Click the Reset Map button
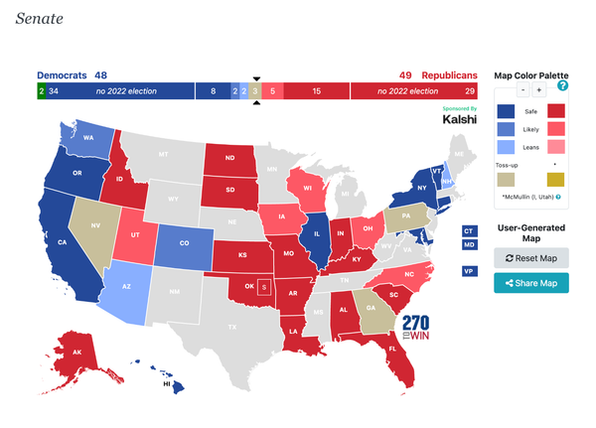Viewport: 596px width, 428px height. (531, 258)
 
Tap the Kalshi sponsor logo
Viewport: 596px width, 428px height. (459, 119)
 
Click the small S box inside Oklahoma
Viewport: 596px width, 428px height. (263, 287)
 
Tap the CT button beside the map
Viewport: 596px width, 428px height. (468, 230)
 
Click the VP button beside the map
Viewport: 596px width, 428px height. (468, 270)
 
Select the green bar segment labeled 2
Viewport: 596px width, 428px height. (41, 91)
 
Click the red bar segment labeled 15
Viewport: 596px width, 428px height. (316, 91)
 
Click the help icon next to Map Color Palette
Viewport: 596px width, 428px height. (563, 85)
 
